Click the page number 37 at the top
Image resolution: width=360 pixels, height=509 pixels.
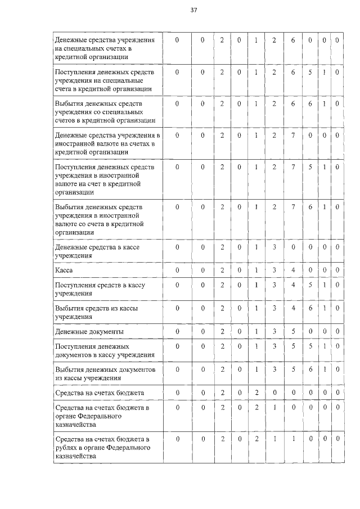[x=194, y=10]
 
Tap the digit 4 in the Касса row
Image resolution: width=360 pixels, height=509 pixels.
[x=293, y=271]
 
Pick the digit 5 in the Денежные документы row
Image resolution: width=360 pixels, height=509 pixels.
[x=293, y=331]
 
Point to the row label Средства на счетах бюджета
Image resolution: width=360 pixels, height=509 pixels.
[x=99, y=392]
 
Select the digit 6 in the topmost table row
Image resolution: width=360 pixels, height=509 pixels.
[x=293, y=40]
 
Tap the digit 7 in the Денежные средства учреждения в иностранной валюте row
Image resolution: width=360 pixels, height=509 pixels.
[x=293, y=136]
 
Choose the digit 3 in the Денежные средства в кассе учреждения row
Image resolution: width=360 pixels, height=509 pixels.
[x=274, y=247]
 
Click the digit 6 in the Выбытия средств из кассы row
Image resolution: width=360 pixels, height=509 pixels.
[x=310, y=308]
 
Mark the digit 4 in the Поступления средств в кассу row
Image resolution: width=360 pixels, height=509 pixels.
[x=293, y=285]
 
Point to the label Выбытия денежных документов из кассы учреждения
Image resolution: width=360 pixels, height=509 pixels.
[x=103, y=373]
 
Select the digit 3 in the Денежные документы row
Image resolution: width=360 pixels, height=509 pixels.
[x=274, y=331]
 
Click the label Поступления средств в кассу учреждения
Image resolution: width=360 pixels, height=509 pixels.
[x=100, y=289]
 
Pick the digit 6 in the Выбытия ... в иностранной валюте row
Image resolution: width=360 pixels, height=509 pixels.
[x=310, y=207]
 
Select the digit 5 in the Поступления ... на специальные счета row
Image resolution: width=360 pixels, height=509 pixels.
[x=310, y=73]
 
